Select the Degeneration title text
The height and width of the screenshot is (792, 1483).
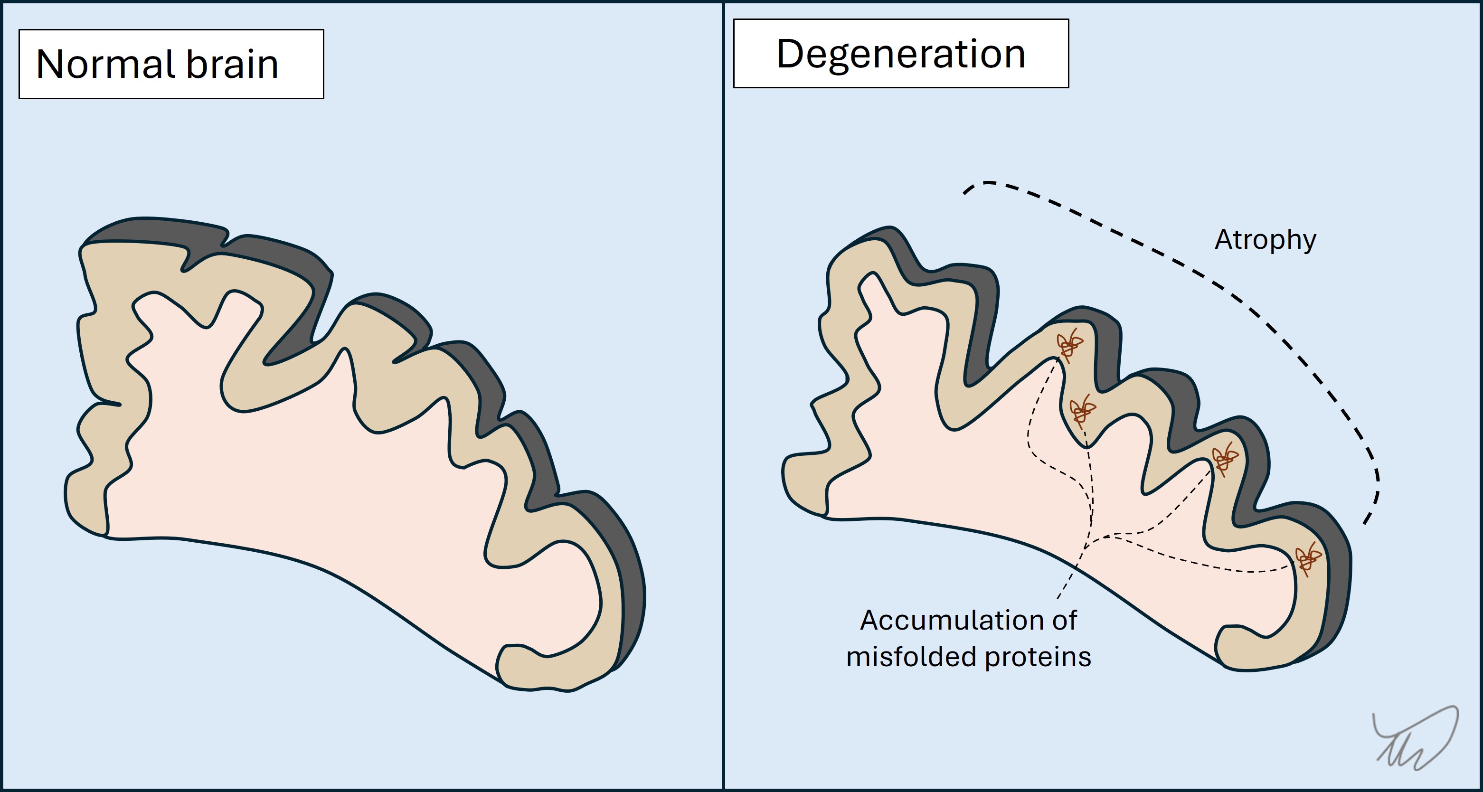pyautogui.click(x=900, y=54)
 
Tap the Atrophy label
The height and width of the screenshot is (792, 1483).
pyautogui.click(x=1265, y=240)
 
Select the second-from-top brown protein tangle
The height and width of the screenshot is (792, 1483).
pyautogui.click(x=1082, y=410)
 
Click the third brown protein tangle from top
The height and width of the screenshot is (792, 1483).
pyautogui.click(x=1225, y=458)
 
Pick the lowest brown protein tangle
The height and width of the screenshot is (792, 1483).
pyautogui.click(x=1307, y=558)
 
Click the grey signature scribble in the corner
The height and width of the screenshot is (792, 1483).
pyautogui.click(x=1416, y=740)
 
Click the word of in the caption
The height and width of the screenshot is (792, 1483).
pyautogui.click(x=1065, y=621)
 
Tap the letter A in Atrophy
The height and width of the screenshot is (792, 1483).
pyautogui.click(x=1223, y=239)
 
